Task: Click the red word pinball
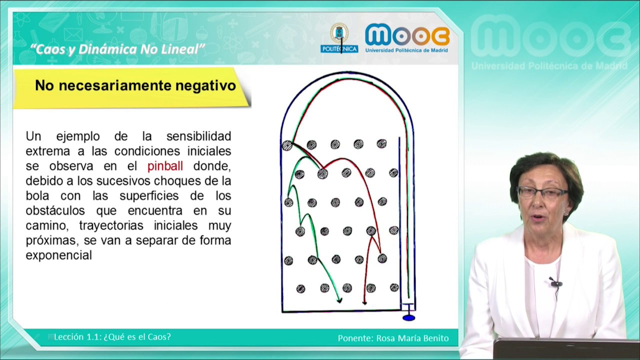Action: pyautogui.click(x=165, y=166)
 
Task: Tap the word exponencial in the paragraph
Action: pyautogui.click(x=59, y=255)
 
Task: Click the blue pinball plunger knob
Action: pyautogui.click(x=409, y=317)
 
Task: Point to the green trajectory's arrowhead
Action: pyautogui.click(x=339, y=300)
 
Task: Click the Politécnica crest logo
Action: pyautogui.click(x=339, y=37)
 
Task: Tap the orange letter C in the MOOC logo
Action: pyautogui.click(x=438, y=35)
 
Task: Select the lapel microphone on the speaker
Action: pyautogui.click(x=555, y=283)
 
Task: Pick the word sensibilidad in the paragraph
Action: pyautogui.click(x=198, y=136)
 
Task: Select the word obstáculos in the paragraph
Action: pyautogui.click(x=55, y=210)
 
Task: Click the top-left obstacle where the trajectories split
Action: pyautogui.click(x=287, y=145)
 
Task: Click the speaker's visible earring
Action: pyautogui.click(x=566, y=212)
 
